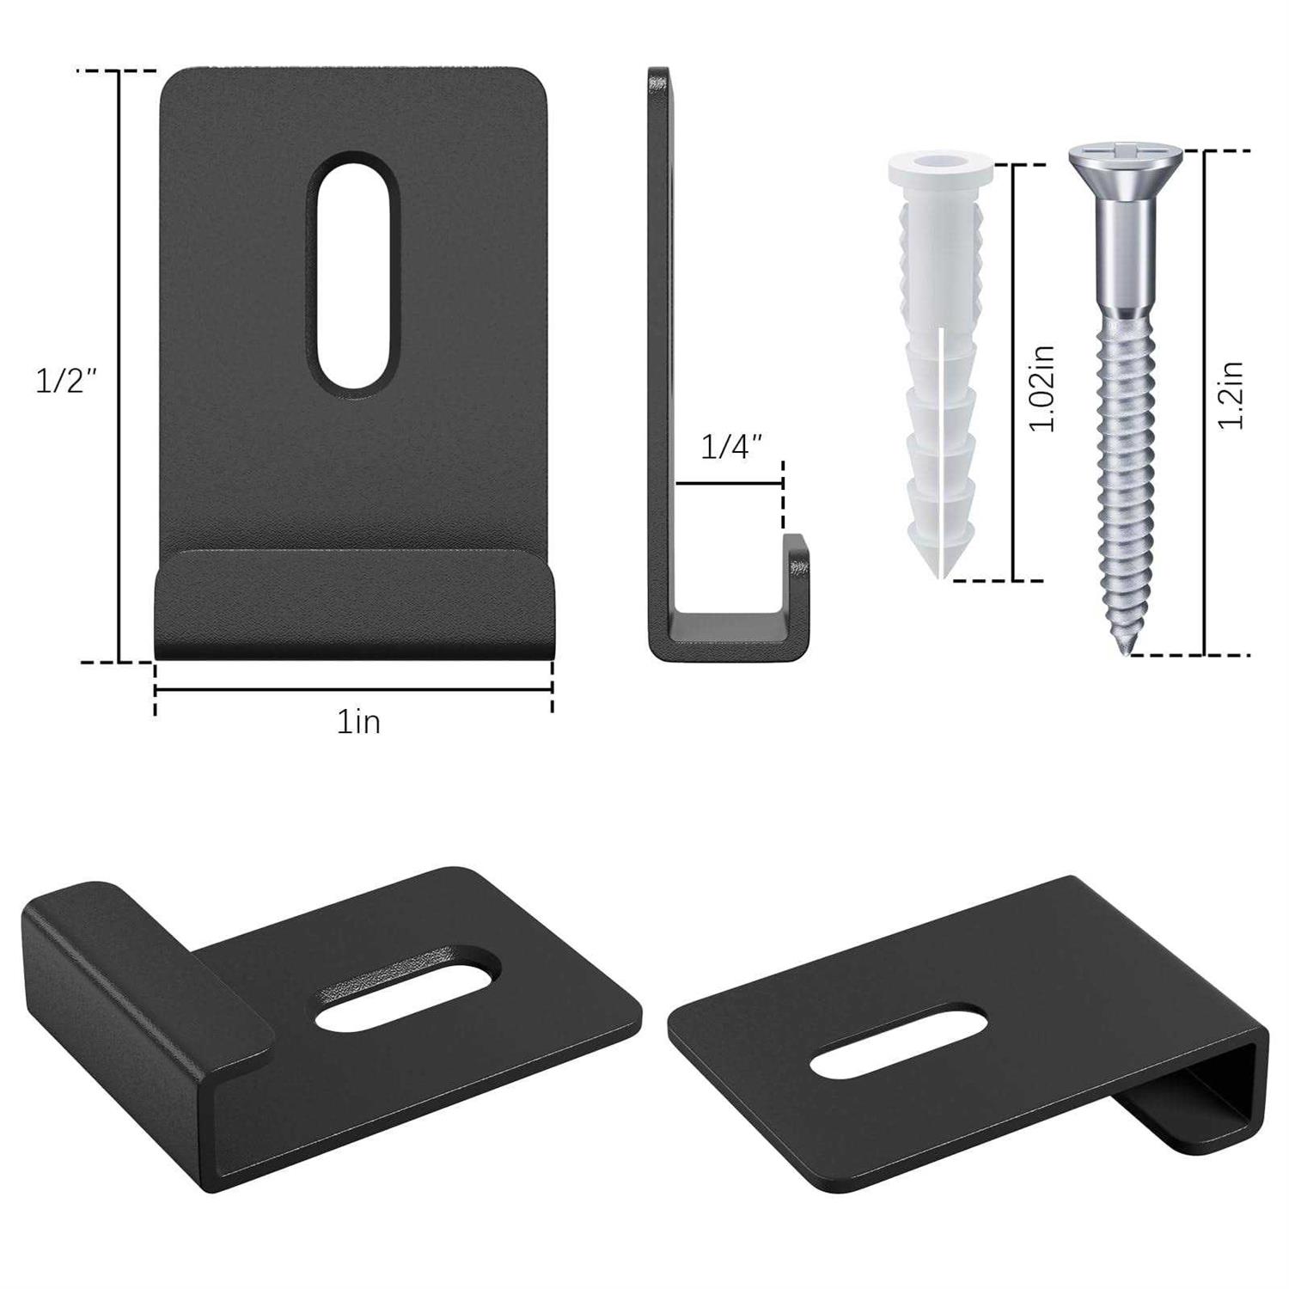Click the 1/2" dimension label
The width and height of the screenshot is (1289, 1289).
click(x=64, y=380)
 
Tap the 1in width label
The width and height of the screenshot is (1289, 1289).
click(x=358, y=723)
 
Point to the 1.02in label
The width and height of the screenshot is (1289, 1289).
click(x=1042, y=388)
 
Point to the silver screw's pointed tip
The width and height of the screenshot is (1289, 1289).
click(x=1125, y=652)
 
